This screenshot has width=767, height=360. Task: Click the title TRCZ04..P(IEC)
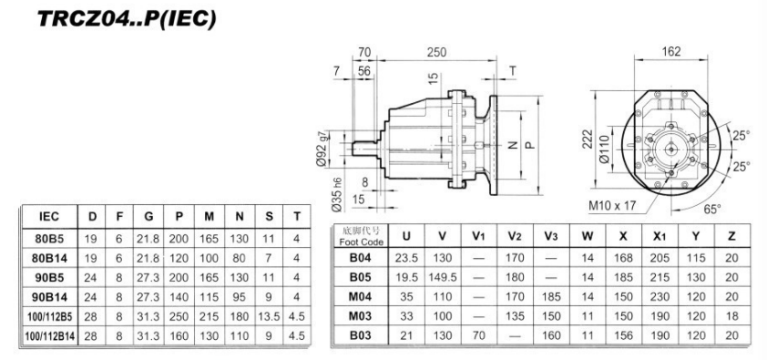(x=116, y=18)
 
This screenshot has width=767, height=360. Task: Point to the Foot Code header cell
(x=358, y=237)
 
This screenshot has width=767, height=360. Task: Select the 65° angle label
(x=711, y=209)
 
